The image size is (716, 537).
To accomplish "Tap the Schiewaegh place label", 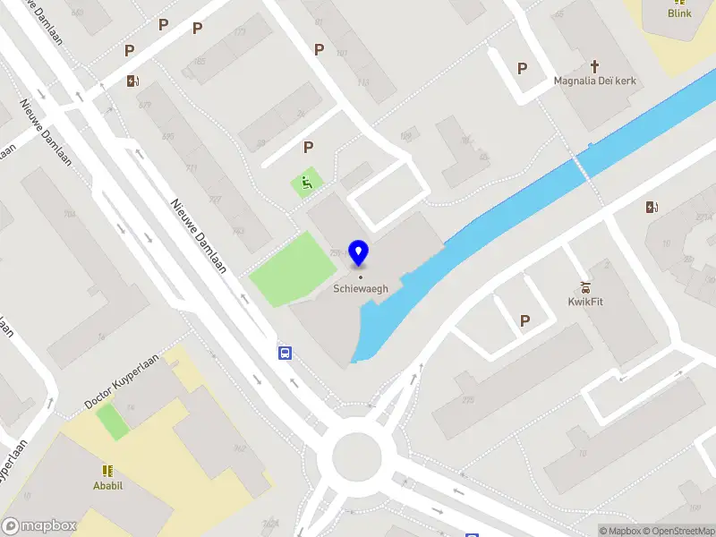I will pyautogui.click(x=360, y=288).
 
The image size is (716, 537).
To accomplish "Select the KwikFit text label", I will pyautogui.click(x=585, y=302).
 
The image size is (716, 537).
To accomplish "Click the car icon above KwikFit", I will pyautogui.click(x=585, y=286).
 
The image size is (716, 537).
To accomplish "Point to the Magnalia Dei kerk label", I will pyautogui.click(x=594, y=81).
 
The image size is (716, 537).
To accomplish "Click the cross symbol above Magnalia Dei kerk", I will pyautogui.click(x=594, y=66).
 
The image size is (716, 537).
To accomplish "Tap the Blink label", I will pyautogui.click(x=679, y=13).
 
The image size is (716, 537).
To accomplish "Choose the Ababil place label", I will pyautogui.click(x=107, y=486).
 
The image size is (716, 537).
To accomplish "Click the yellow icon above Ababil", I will pyautogui.click(x=107, y=471).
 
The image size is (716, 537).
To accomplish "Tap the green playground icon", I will pyautogui.click(x=306, y=184).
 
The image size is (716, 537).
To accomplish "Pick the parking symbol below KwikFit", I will pyautogui.click(x=524, y=320).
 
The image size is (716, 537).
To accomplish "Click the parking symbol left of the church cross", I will pyautogui.click(x=522, y=68).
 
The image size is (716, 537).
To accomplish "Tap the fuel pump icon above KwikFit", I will pyautogui.click(x=652, y=208).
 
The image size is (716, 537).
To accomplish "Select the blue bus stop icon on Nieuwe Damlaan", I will pyautogui.click(x=285, y=352).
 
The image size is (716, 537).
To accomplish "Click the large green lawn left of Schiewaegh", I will pyautogui.click(x=286, y=268).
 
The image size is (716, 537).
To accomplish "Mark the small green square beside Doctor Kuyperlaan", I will pyautogui.click(x=113, y=422).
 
